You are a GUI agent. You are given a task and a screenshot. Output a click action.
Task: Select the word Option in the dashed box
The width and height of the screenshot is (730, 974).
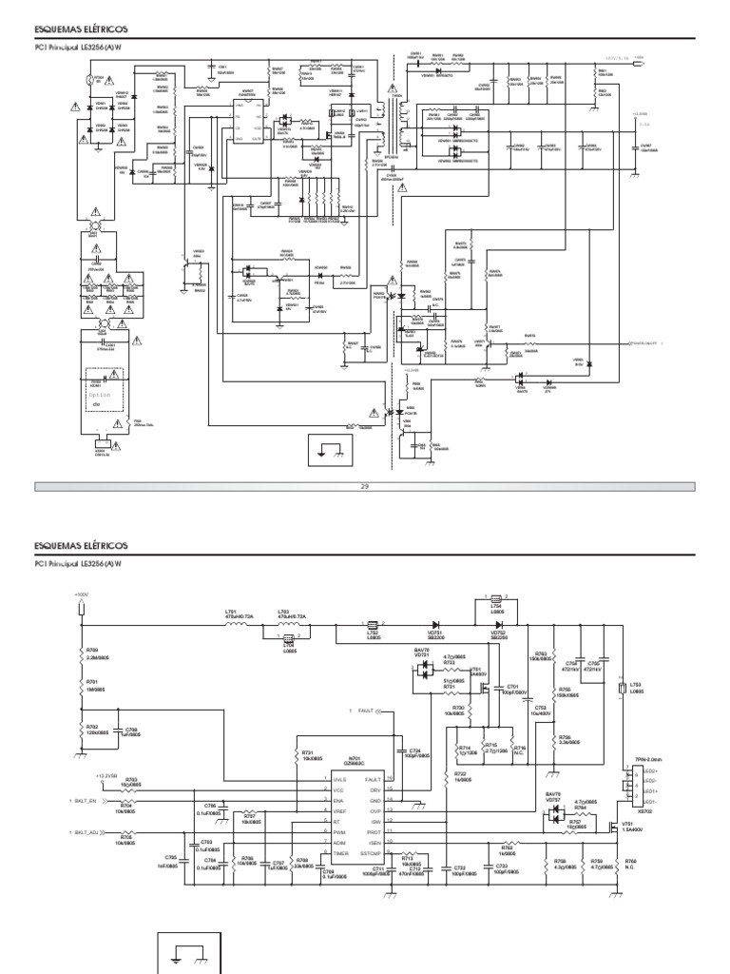(x=100, y=392)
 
